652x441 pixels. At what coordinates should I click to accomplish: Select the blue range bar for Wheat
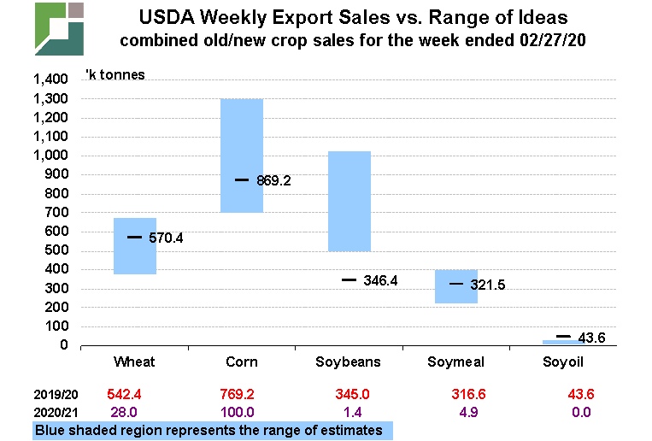pos(134,256)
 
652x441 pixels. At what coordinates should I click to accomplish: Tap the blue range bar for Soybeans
pos(349,201)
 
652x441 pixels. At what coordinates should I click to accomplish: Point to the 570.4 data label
pos(166,238)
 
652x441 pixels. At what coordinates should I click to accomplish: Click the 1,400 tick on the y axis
pos(50,79)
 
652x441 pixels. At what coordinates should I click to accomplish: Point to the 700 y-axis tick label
pos(56,213)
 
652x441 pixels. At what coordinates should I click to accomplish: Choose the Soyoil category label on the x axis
pos(564,362)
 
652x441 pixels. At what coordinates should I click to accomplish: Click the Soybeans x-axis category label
pos(349,362)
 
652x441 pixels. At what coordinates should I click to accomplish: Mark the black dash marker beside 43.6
pos(562,337)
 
